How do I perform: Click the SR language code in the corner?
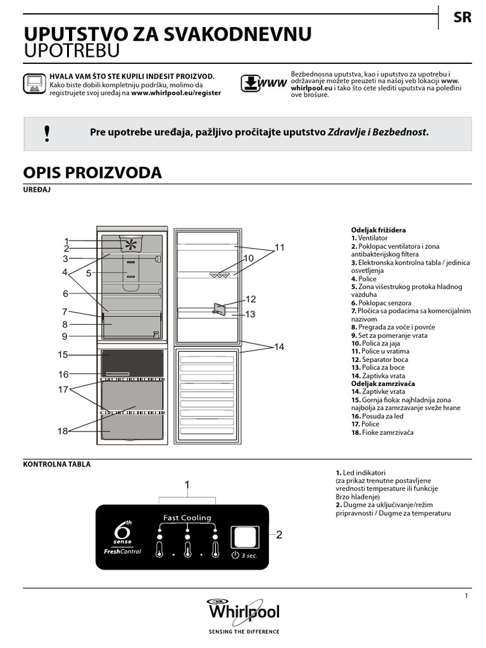[x=463, y=18]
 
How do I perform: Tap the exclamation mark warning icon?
[x=47, y=133]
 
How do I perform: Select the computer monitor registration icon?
[x=34, y=84]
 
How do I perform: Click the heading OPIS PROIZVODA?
[x=92, y=173]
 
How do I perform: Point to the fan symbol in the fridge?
[x=130, y=244]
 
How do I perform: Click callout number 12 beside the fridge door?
[x=251, y=299]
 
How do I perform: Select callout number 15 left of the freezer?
[x=63, y=354]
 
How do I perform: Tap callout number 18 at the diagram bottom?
[x=63, y=431]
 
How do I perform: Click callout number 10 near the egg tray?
[x=248, y=258]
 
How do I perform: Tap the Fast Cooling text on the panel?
[x=187, y=518]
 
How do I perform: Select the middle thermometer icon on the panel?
[x=187, y=547]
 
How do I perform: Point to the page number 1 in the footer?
[x=466, y=595]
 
